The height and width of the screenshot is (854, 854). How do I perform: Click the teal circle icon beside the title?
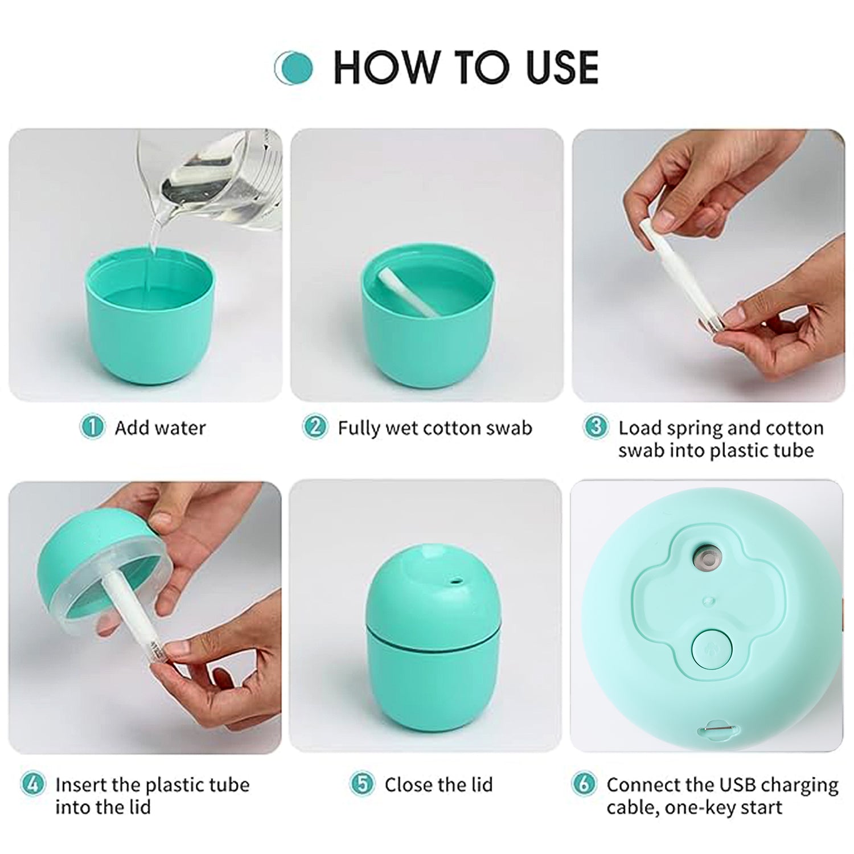coord(294,68)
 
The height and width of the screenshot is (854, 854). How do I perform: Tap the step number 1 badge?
coord(92,427)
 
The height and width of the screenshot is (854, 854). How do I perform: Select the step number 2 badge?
coord(315,427)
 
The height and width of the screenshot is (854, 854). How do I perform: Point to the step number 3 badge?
coord(596,427)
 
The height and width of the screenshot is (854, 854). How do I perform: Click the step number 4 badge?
coord(33,784)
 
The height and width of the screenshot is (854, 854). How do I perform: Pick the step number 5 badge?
coord(363,784)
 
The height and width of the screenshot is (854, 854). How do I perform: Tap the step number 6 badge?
coord(584,784)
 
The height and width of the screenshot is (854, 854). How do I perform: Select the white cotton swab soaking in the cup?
coord(407,291)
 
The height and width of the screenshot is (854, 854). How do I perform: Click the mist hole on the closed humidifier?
coord(454,582)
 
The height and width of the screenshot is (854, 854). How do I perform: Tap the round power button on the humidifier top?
coord(712,648)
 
